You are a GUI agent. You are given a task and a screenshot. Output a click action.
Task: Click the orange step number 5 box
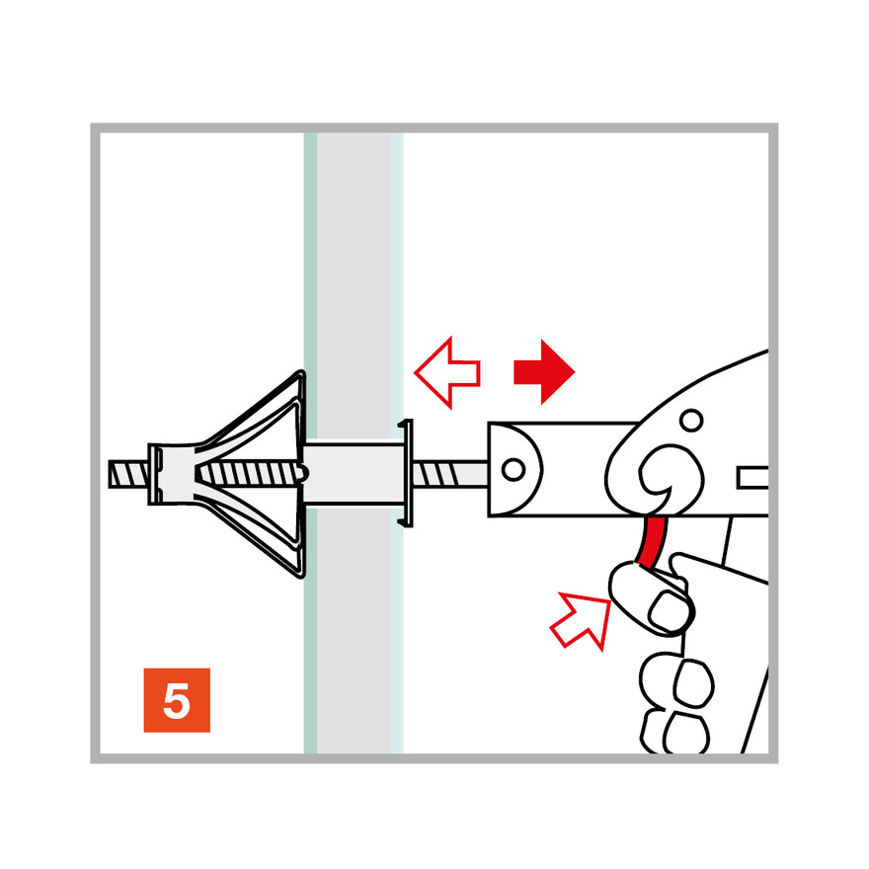177,700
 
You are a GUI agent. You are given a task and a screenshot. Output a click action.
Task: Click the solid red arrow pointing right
544,372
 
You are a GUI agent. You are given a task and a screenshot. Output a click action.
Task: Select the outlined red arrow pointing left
446,373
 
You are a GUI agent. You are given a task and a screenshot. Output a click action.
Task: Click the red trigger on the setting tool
652,542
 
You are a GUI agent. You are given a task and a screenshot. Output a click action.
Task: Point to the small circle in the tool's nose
513,469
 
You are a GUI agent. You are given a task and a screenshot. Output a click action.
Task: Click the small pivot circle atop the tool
691,420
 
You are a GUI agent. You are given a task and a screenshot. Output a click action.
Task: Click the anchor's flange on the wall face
407,473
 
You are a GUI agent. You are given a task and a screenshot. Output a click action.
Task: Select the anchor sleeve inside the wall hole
354,473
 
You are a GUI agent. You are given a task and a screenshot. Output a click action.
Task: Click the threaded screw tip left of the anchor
128,474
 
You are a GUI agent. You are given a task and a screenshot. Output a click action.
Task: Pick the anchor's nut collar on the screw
171,474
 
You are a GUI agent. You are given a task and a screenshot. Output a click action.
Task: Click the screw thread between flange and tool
450,474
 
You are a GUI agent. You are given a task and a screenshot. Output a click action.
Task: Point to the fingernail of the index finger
669,611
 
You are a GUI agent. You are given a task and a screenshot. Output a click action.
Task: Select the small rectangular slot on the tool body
752,478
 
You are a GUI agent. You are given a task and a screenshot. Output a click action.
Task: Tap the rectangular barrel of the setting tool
565,470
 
